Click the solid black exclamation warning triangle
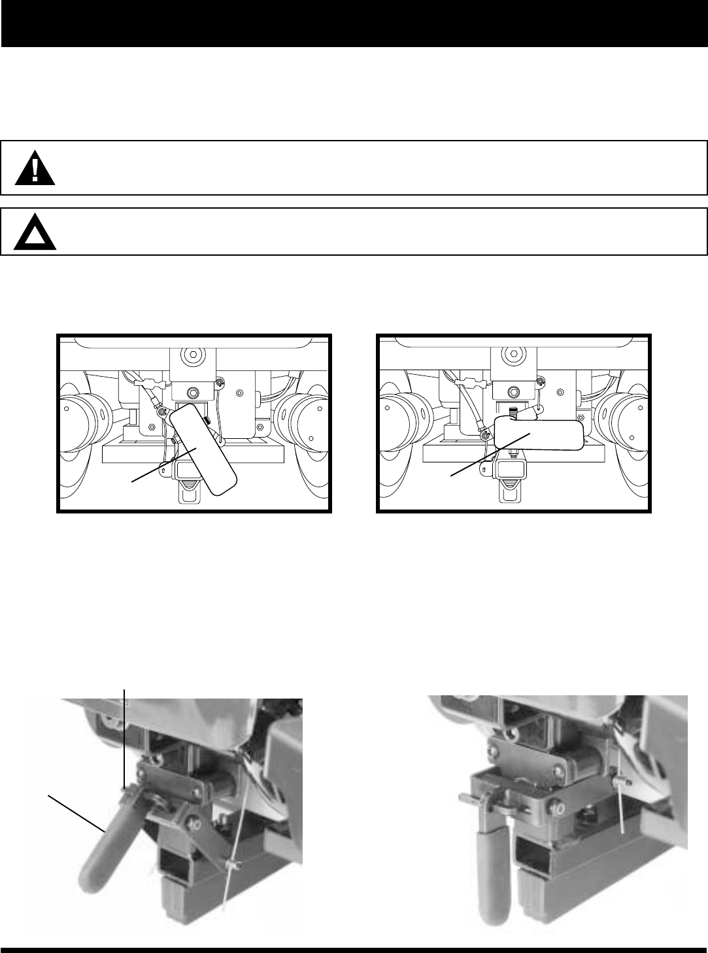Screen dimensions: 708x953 (x=35, y=169)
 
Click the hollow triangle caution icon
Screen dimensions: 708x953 (x=35, y=233)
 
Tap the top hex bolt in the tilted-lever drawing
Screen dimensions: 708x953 (x=192, y=356)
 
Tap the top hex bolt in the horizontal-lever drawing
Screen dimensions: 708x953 (x=513, y=356)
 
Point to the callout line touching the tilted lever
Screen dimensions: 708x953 (x=164, y=464)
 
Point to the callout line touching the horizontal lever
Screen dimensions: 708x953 (x=490, y=455)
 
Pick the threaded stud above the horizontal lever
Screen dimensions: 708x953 (x=512, y=411)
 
